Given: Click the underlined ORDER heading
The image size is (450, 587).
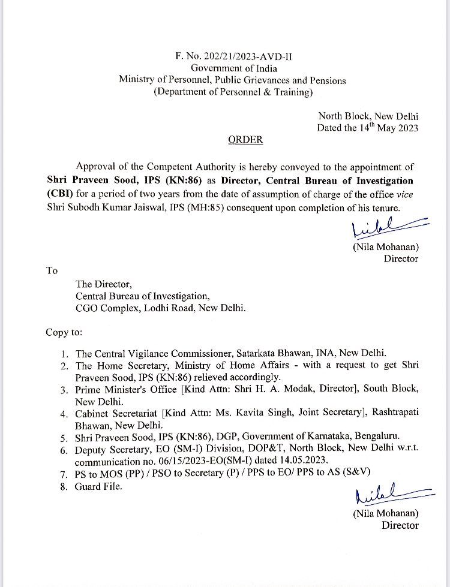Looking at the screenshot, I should click(245, 140).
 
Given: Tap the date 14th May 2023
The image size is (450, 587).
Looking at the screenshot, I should click(385, 128).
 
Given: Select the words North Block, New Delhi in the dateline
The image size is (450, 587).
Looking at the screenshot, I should click(368, 116).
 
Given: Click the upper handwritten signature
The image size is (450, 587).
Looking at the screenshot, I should click(376, 229).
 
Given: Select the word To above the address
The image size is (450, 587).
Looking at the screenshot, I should click(52, 271).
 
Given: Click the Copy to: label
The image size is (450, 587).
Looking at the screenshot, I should click(64, 332).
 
